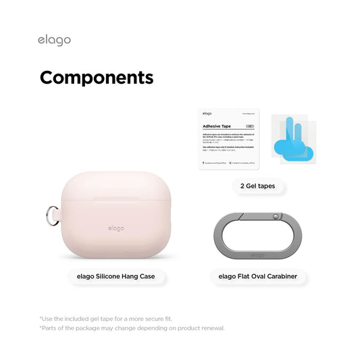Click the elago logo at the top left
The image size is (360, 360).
(x=54, y=40)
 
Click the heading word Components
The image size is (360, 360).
(x=96, y=78)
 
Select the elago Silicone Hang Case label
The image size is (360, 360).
(x=116, y=276)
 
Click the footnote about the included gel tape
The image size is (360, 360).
(x=107, y=318)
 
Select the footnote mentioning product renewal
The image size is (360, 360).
(x=132, y=328)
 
